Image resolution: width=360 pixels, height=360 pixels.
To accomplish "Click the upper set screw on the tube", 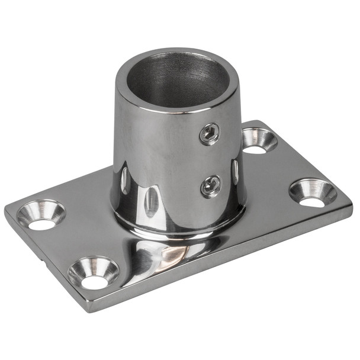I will click(x=209, y=134).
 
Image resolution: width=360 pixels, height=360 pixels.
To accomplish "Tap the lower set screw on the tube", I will click(x=211, y=185).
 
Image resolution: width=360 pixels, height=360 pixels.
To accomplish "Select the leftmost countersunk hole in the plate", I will click(x=41, y=215).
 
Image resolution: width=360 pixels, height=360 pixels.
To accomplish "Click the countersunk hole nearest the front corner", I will click(x=93, y=272).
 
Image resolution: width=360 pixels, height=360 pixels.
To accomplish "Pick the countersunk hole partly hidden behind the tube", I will click(x=259, y=141).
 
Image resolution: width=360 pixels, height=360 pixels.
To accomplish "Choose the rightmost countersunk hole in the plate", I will click(x=312, y=193).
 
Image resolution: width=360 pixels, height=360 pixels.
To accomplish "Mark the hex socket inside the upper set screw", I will click(x=209, y=134).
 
